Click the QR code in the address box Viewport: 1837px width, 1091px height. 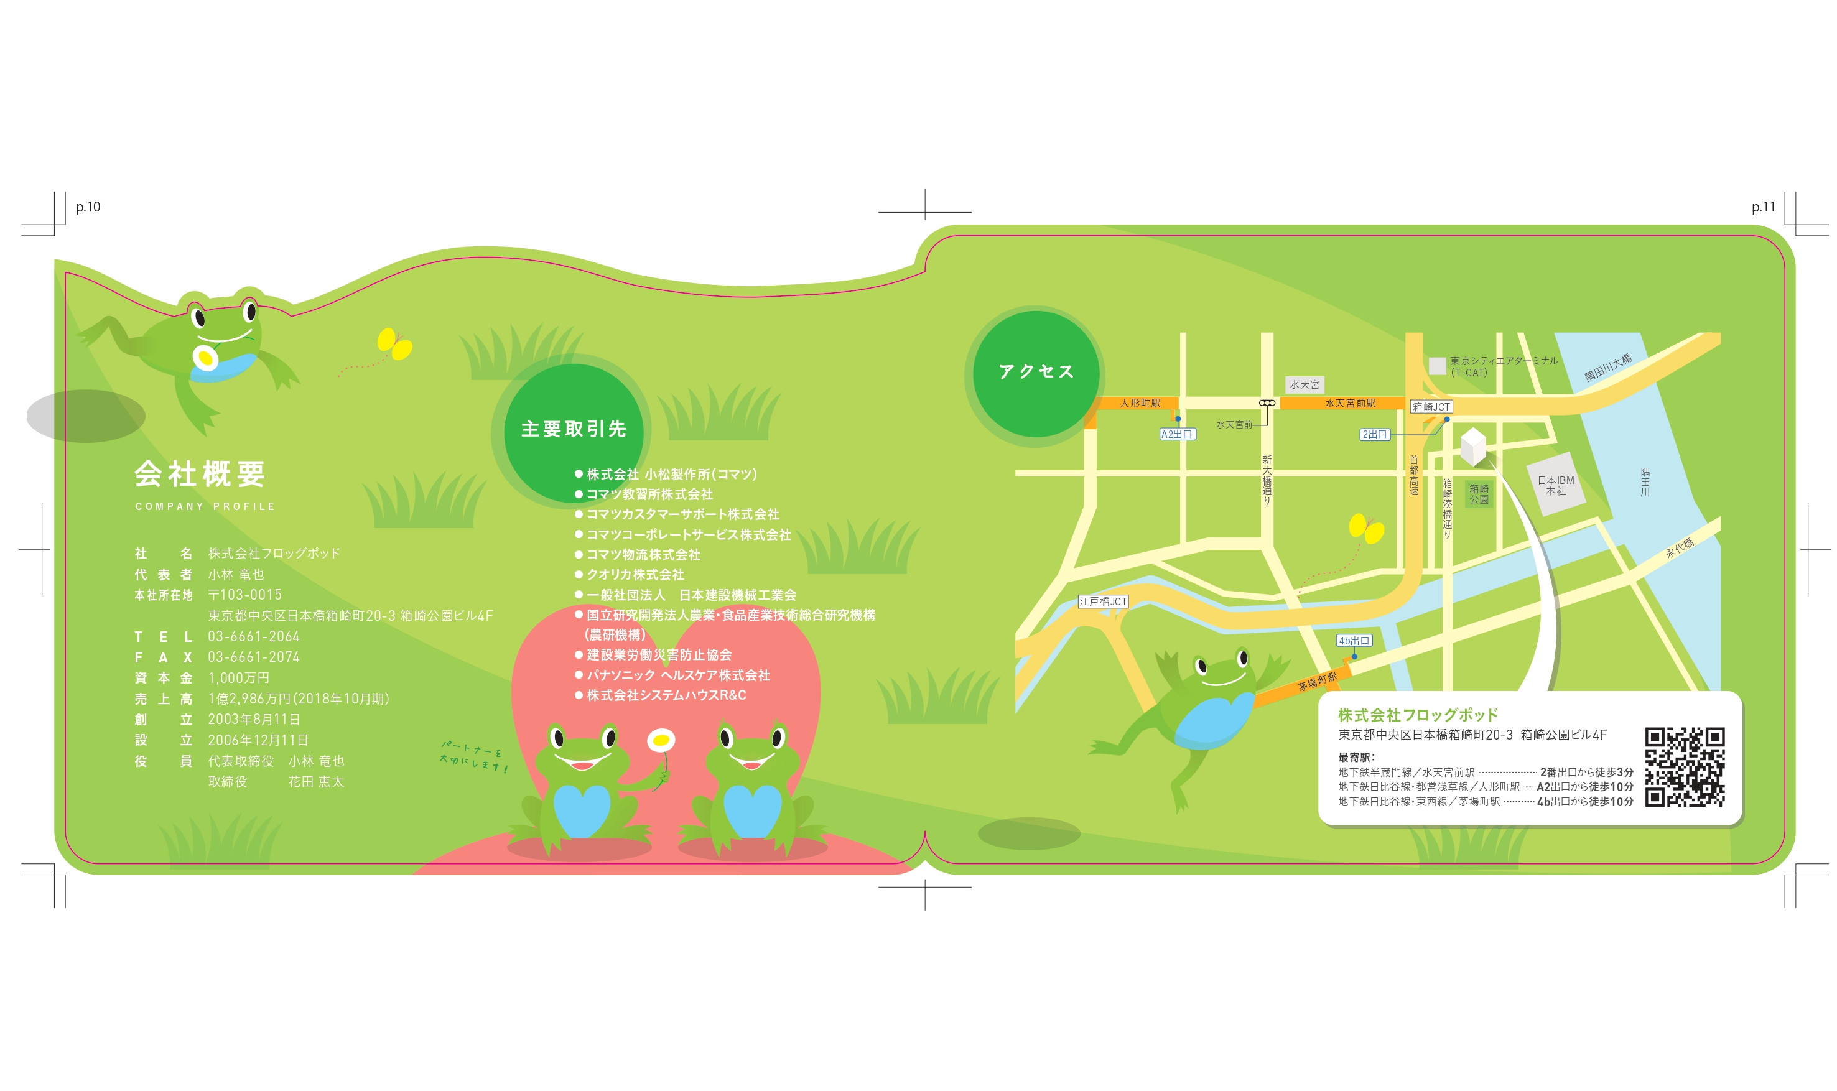point(1684,768)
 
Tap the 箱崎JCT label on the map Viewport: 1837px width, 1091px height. point(1431,407)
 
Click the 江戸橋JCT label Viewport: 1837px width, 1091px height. point(1103,601)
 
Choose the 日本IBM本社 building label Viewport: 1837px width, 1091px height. point(1555,485)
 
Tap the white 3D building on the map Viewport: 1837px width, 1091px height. point(1473,446)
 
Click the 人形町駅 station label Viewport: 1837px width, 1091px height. point(1140,403)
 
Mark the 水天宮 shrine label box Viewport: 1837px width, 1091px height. point(1304,384)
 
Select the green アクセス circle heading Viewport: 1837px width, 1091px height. point(1036,373)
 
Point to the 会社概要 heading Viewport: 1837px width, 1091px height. point(200,474)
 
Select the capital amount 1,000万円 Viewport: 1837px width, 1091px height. point(239,678)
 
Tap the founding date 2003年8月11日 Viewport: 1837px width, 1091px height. point(254,720)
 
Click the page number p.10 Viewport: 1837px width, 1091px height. point(88,207)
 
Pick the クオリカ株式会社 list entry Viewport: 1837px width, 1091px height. point(635,575)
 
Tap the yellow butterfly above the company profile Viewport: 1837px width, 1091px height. point(395,344)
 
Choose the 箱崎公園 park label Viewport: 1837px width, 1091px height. point(1479,494)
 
